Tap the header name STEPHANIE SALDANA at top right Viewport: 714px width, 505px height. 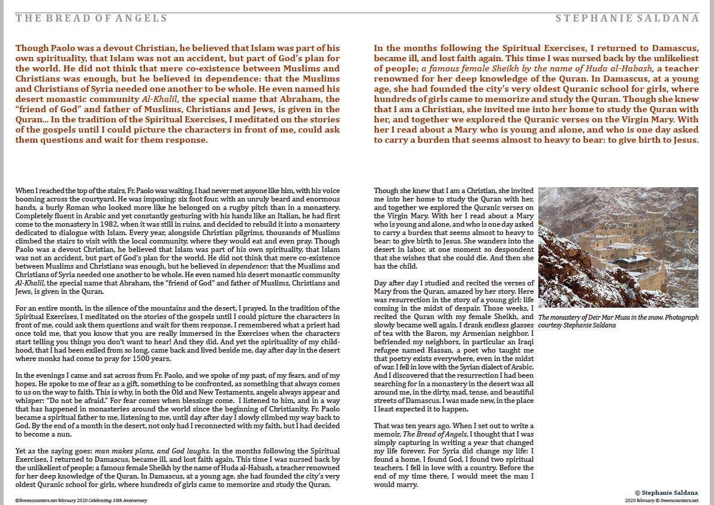coord(627,18)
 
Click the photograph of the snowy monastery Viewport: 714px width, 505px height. coord(618,248)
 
